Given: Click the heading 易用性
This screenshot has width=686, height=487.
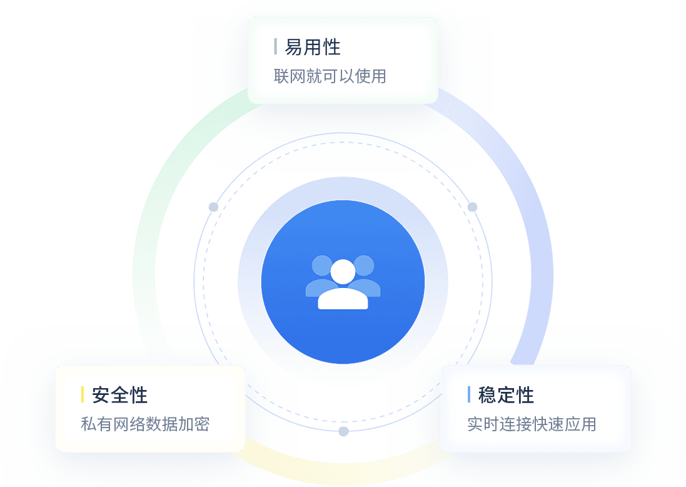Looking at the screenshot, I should coord(313,47).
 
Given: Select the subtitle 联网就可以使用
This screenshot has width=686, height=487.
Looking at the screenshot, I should coord(330,76).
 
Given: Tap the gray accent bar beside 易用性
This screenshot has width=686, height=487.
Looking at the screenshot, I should coord(275,46).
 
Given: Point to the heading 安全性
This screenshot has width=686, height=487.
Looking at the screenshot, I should coord(119,395).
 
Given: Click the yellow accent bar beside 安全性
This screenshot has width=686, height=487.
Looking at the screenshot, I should coord(83,395).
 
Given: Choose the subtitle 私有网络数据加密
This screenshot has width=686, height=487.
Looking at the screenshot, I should coord(145,424).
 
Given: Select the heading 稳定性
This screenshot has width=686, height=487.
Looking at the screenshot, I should coord(506,395).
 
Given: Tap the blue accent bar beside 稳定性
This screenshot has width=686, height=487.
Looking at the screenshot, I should coord(469,395).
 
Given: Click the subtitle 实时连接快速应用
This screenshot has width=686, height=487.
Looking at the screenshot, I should coord(532,424).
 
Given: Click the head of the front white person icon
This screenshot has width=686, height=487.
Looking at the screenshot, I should coord(343,272).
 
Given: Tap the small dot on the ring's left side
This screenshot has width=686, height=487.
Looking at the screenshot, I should coord(213,207).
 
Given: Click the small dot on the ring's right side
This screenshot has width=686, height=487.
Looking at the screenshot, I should coord(472,207).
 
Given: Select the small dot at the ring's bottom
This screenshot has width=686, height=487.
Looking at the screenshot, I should coord(343,431).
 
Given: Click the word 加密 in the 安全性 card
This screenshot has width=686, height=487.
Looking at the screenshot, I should coord(194,424).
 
